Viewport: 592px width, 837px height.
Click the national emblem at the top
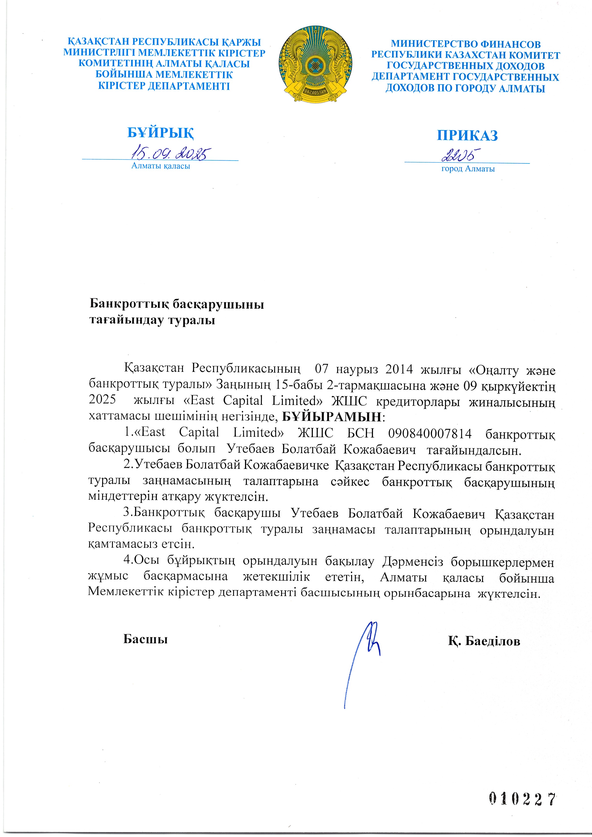[316, 64]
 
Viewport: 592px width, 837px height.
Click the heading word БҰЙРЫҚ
[160, 133]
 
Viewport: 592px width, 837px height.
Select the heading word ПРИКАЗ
[467, 136]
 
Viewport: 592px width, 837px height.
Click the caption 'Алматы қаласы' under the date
[160, 166]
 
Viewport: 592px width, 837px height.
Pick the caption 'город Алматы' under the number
[468, 169]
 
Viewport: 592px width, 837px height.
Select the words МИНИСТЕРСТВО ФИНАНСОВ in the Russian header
[466, 44]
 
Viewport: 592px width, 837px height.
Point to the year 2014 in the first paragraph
[399, 369]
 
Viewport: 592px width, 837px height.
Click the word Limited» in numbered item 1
[258, 433]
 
